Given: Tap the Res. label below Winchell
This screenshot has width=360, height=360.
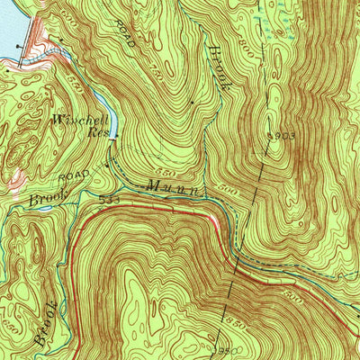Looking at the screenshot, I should pyautogui.click(x=97, y=131).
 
